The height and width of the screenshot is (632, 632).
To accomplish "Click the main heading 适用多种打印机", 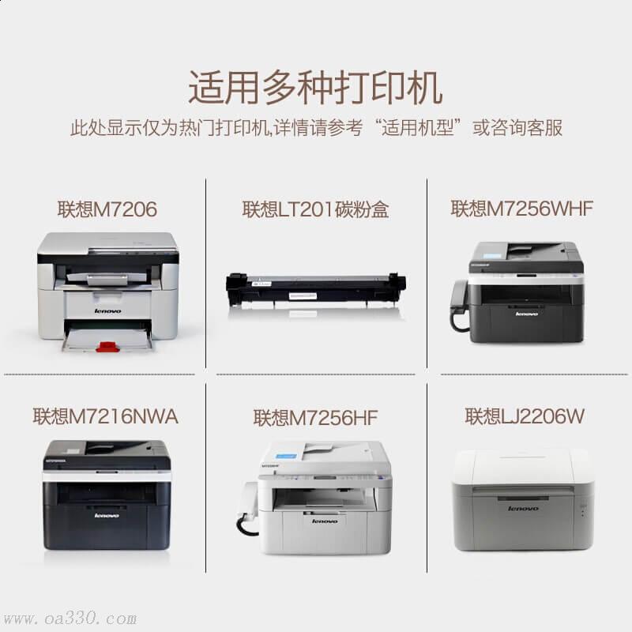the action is click(315, 88).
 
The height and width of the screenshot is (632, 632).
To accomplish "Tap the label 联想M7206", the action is click(107, 209).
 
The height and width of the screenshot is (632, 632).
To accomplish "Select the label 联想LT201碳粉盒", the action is click(315, 209).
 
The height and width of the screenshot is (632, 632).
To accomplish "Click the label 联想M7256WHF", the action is click(521, 209).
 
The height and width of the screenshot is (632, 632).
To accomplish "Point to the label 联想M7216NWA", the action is click(106, 416).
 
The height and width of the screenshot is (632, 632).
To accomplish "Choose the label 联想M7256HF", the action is click(315, 417).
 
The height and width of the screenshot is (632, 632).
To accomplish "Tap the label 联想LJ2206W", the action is click(525, 416).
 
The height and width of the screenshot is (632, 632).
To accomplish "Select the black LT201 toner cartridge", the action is click(315, 289).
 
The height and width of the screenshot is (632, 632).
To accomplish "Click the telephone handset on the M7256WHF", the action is click(459, 304).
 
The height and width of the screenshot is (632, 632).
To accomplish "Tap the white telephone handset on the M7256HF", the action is click(246, 507).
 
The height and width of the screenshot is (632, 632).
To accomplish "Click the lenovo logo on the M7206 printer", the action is click(107, 310).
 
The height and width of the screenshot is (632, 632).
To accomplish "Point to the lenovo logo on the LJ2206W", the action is click(523, 509).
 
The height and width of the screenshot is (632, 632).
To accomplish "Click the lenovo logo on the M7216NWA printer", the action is click(107, 516).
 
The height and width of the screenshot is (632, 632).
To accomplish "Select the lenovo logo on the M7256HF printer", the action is click(325, 521).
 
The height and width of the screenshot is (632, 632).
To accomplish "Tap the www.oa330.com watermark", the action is click(70, 619).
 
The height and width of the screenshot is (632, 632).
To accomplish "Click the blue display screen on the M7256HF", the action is click(287, 457).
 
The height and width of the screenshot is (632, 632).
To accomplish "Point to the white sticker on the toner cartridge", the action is click(303, 296).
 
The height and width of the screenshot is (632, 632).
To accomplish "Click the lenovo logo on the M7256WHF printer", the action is click(527, 314).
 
